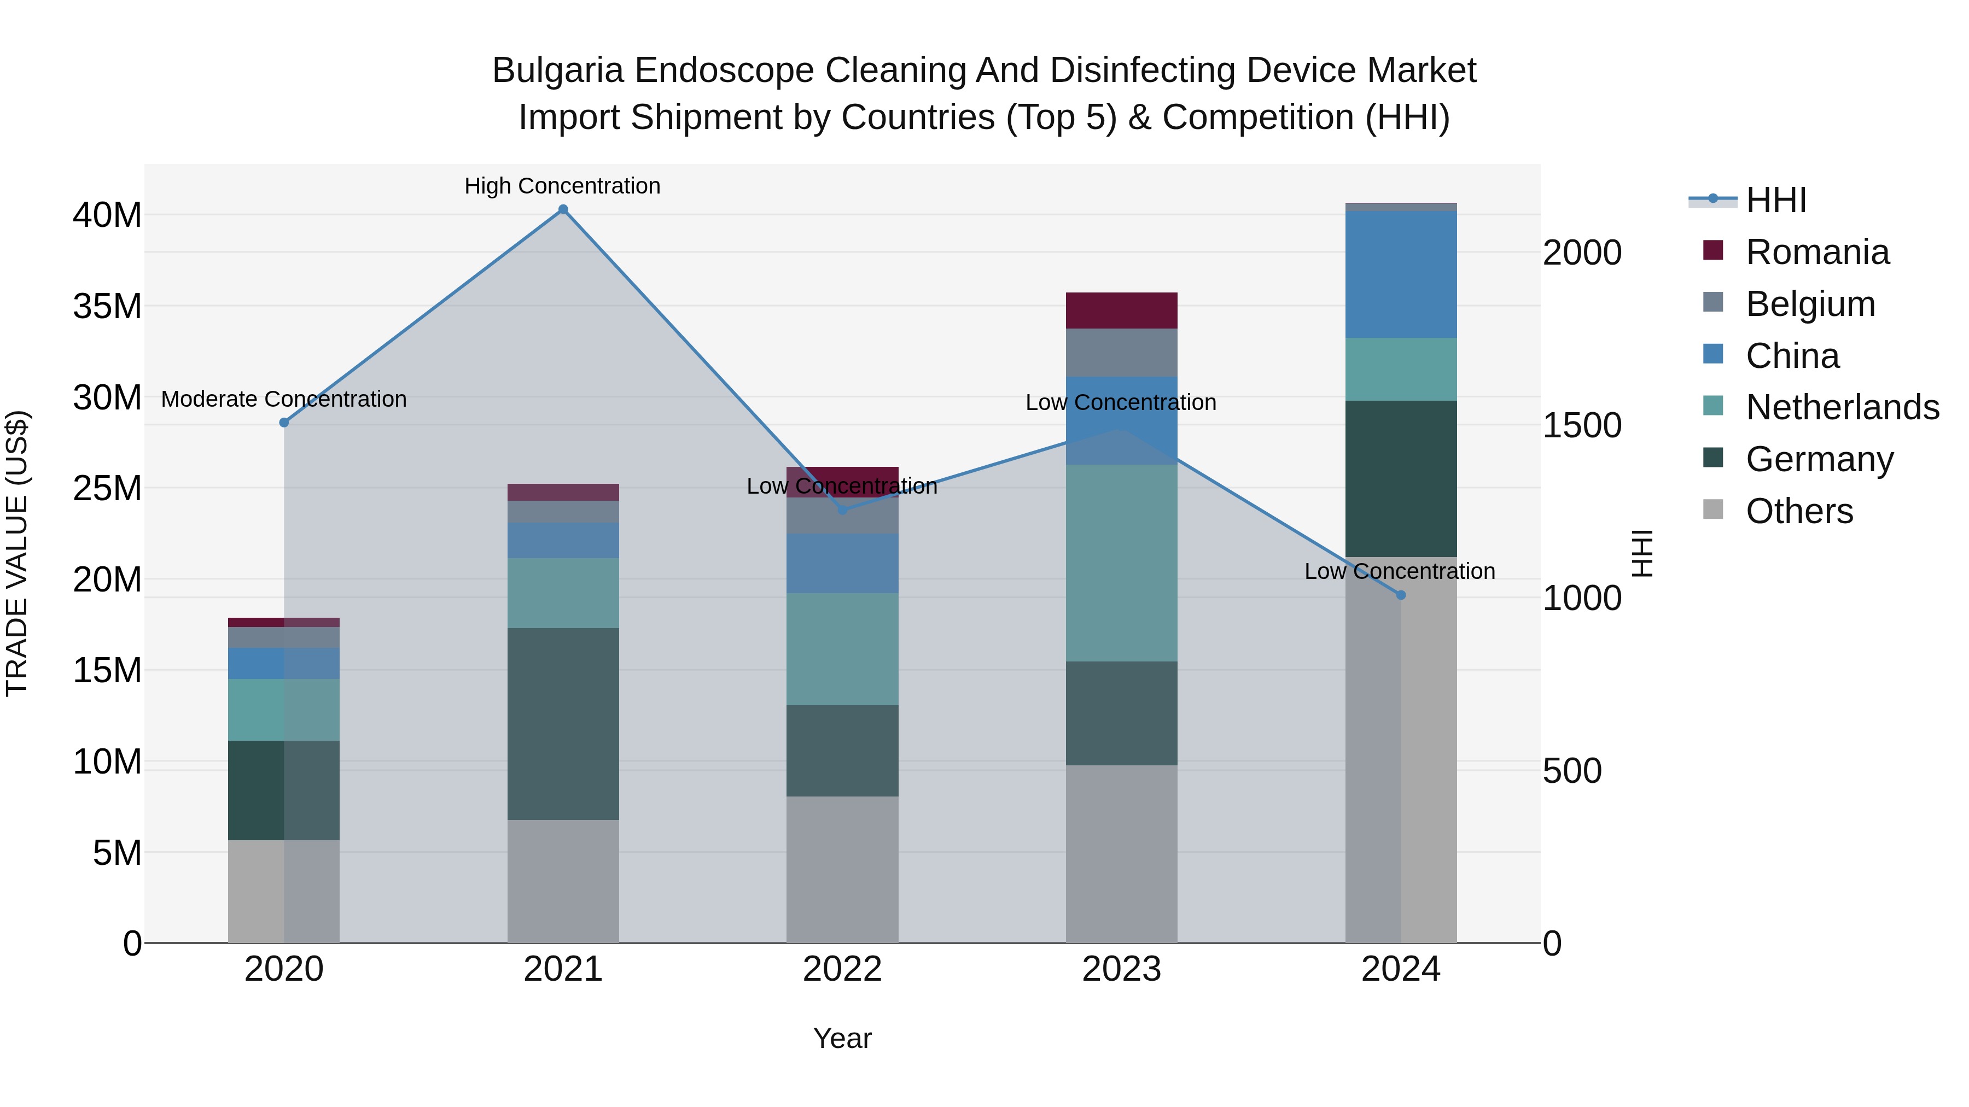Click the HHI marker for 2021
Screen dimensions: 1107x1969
point(563,209)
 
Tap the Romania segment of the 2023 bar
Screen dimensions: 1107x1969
point(1121,310)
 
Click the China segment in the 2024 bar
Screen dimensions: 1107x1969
point(1400,274)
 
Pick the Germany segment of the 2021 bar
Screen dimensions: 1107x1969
point(563,723)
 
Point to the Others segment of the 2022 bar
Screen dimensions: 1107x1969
point(842,869)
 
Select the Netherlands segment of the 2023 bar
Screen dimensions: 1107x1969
point(1121,563)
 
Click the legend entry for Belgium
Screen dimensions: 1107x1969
point(1810,304)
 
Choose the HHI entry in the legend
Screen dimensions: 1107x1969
point(1775,200)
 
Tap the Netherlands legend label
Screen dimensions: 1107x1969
point(1842,407)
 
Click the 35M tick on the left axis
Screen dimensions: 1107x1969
point(107,306)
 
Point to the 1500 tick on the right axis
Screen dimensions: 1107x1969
point(1581,425)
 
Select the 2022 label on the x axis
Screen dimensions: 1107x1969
point(842,969)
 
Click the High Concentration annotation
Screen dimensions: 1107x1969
point(563,186)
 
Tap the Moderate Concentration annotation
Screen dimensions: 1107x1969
point(283,399)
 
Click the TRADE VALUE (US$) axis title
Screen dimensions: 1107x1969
point(17,553)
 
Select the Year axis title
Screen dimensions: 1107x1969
point(842,1038)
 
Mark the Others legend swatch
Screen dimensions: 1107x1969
point(1713,509)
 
